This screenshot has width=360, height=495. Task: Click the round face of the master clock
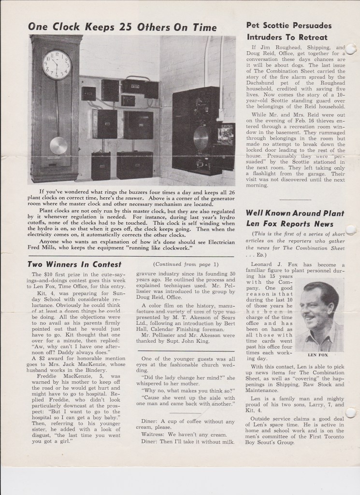(57, 64)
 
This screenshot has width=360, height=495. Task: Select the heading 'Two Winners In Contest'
(74, 264)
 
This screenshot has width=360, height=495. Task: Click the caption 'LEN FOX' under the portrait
(318, 354)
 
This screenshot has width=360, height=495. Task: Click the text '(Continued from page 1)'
(185, 264)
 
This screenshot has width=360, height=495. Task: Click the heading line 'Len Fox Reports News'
(290, 224)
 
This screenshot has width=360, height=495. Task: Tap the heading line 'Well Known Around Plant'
(295, 213)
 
